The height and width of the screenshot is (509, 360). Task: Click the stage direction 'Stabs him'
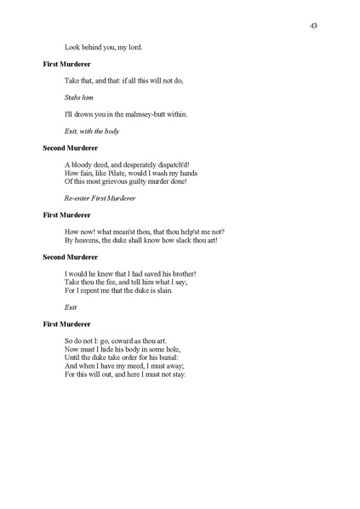79,97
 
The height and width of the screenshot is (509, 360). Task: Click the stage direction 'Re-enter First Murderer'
100,197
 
